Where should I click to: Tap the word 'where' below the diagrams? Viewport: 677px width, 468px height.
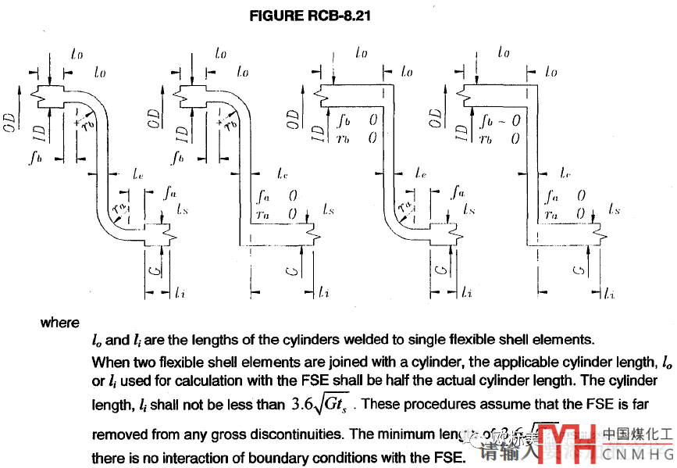point(60,323)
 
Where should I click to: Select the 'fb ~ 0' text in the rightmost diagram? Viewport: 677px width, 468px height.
point(500,122)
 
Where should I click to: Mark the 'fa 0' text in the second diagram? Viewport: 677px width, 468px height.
point(277,196)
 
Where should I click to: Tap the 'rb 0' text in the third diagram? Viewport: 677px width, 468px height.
point(356,138)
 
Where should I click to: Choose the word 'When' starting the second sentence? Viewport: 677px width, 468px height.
point(110,362)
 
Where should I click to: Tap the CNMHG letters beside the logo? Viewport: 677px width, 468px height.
point(638,452)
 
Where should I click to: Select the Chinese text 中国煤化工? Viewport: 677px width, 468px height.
point(638,433)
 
